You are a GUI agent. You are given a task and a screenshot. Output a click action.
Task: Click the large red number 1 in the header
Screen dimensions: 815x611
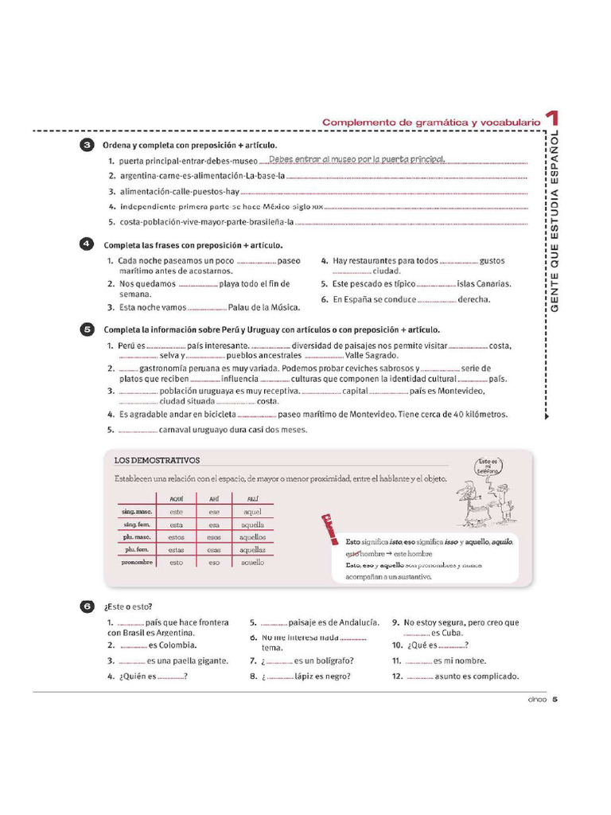coord(551,120)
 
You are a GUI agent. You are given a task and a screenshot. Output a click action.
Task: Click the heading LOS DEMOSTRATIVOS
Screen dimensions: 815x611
coord(157,460)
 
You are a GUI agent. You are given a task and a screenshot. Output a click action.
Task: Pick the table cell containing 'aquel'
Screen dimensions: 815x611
coord(252,513)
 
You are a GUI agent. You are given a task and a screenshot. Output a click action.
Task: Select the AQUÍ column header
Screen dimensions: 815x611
coord(176,499)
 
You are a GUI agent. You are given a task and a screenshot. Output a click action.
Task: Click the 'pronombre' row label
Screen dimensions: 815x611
coord(138,562)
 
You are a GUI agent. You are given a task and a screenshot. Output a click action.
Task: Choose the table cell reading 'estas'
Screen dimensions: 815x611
coord(176,550)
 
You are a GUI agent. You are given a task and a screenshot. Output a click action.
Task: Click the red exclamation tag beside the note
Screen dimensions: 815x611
coord(326,527)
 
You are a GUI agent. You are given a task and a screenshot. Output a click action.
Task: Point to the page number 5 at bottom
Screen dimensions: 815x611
coord(555,700)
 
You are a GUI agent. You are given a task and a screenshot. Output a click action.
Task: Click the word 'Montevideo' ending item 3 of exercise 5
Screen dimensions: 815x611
coord(459,391)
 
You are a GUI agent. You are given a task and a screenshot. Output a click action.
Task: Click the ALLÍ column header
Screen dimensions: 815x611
coord(252,499)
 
